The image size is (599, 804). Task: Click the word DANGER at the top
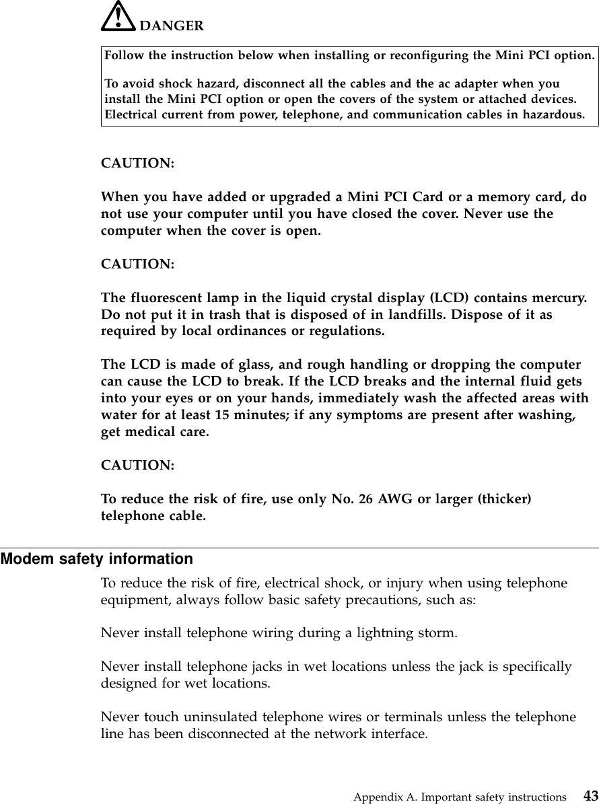coord(171,26)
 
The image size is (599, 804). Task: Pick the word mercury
coord(557,299)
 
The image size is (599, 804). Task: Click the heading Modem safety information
coord(96,559)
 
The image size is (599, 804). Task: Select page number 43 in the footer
coord(590,795)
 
